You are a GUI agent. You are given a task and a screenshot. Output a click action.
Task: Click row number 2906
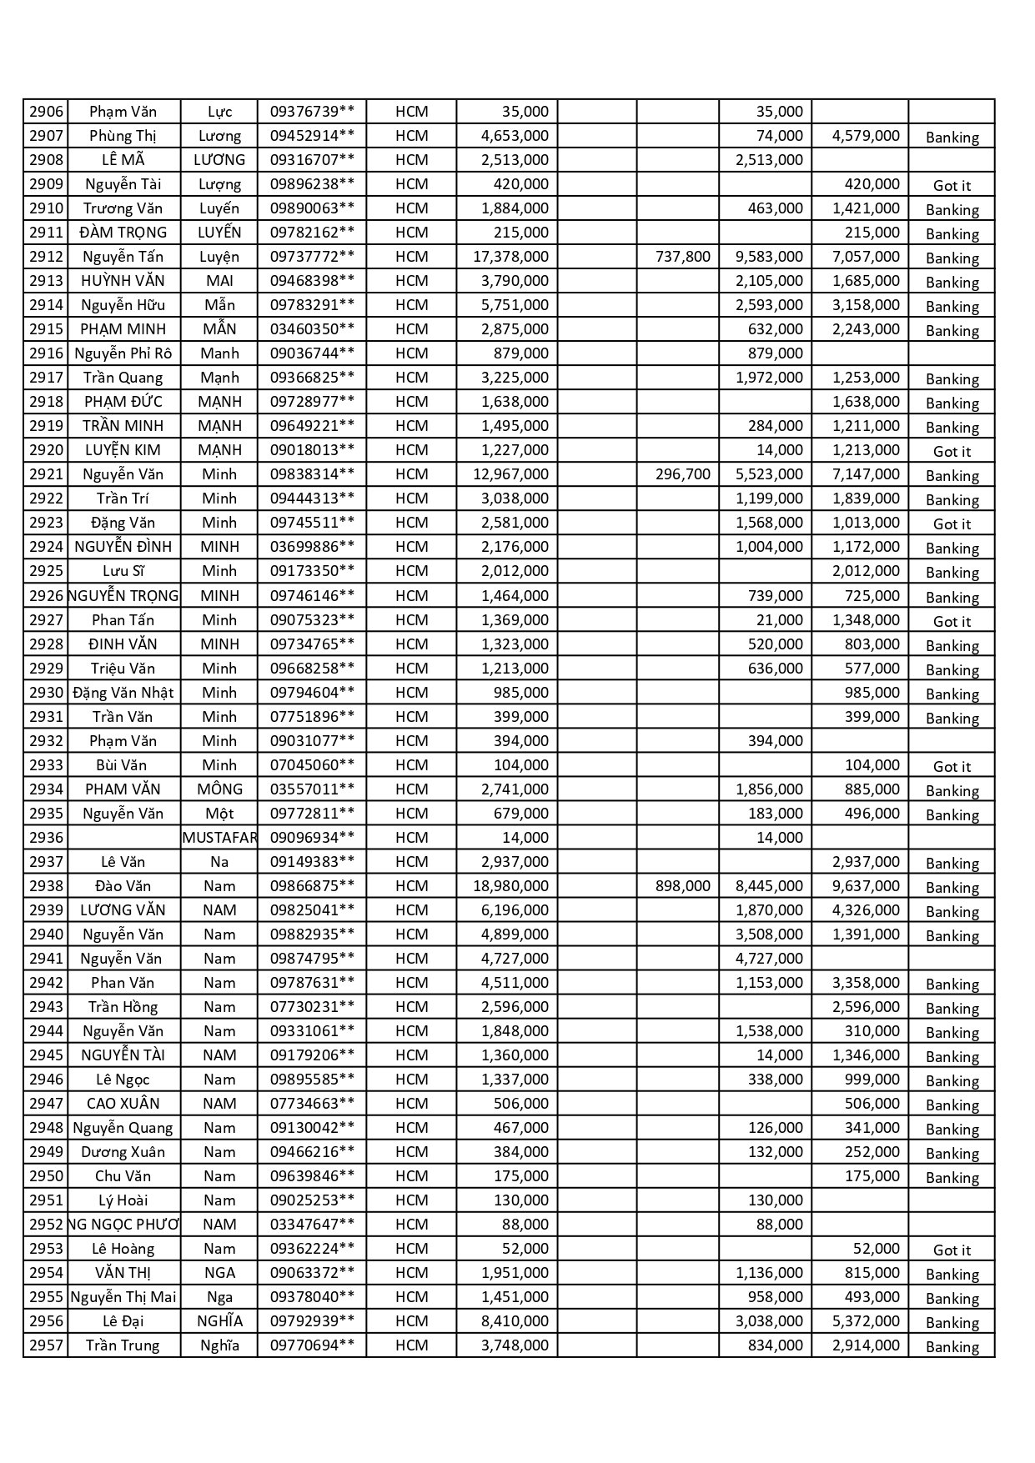[46, 112]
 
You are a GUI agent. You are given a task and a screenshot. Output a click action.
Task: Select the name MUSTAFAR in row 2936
[219, 838]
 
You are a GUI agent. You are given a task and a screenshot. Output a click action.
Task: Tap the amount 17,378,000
[510, 257]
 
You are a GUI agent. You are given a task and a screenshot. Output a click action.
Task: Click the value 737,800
[682, 257]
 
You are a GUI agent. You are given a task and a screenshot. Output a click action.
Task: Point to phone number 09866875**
[312, 886]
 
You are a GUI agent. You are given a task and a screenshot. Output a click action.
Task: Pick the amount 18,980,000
[510, 886]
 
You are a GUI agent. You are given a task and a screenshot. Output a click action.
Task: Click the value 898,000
[682, 886]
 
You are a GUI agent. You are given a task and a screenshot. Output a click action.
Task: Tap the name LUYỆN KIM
[123, 450]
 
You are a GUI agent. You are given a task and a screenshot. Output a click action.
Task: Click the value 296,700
[682, 474]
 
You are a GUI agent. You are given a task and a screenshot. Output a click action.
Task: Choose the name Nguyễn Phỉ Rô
[123, 353]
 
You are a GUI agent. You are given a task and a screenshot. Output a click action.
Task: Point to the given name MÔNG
[219, 789]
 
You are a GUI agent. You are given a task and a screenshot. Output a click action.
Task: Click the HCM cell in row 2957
[411, 1345]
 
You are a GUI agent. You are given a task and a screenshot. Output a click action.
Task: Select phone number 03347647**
[312, 1225]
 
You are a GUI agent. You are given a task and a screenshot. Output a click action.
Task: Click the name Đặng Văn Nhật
[123, 693]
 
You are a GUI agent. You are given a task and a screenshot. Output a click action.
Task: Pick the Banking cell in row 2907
[952, 138]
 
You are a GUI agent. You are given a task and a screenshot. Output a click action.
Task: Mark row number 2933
[46, 765]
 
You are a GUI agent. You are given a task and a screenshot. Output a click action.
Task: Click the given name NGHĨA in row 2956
[219, 1321]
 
